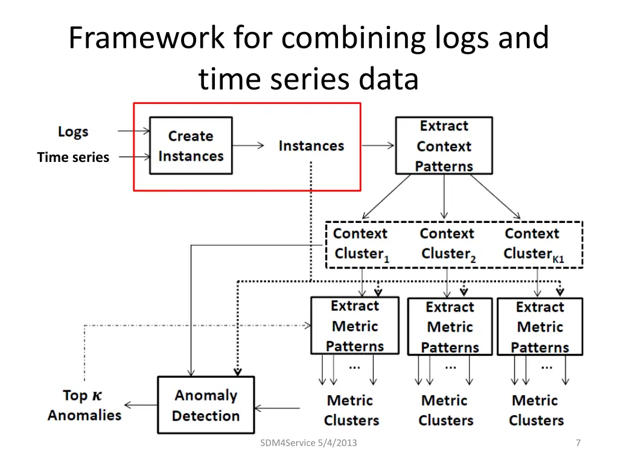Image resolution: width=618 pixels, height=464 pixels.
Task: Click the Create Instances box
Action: tap(191, 146)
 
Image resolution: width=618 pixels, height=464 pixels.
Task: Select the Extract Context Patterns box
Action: tap(444, 146)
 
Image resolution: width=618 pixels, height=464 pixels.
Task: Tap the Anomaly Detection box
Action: tap(206, 405)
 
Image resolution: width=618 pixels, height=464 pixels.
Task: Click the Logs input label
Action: tap(73, 131)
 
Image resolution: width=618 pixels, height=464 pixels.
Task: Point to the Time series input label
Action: tap(73, 157)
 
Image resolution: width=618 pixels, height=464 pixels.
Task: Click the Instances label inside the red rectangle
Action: tap(311, 146)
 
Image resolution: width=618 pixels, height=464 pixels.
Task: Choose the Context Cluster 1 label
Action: tap(361, 244)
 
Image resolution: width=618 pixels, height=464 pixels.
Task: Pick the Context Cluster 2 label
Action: tap(448, 244)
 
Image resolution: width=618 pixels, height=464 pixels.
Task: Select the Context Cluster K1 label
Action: tap(534, 244)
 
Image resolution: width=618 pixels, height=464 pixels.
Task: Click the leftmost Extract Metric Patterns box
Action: tap(355, 326)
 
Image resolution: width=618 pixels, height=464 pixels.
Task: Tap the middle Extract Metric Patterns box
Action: tap(450, 327)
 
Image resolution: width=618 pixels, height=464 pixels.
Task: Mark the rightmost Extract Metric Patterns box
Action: tap(540, 327)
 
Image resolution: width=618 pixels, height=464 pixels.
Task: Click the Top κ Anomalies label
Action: tap(84, 405)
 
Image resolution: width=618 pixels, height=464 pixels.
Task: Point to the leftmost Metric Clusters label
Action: tap(351, 410)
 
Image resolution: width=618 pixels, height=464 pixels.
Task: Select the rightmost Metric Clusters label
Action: tap(536, 410)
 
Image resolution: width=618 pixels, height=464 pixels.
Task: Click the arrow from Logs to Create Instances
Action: tap(133, 130)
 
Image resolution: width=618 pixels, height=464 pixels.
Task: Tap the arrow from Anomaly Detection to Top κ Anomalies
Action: tap(141, 405)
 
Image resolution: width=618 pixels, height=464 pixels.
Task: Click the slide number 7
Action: tap(578, 443)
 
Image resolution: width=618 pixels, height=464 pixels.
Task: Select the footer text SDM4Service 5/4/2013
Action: tap(308, 443)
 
